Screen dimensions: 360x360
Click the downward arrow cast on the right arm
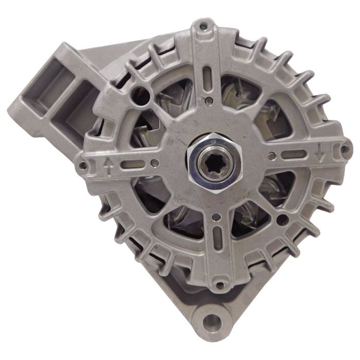[320, 152]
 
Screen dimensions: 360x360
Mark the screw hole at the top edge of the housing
[204, 24]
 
